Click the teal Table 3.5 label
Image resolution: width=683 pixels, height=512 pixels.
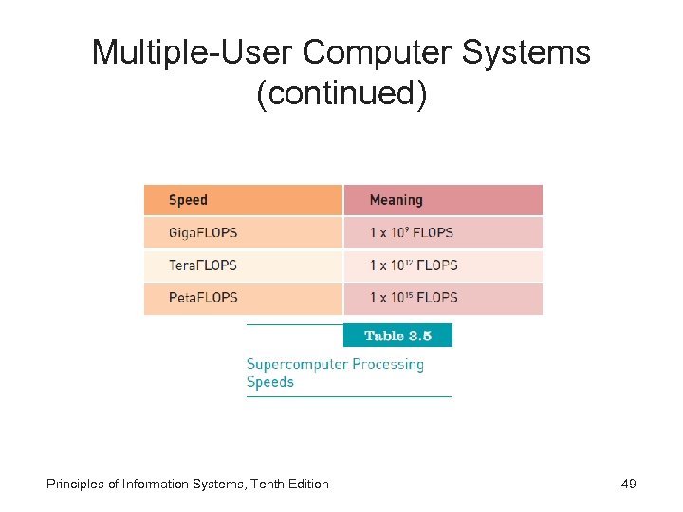pyautogui.click(x=397, y=336)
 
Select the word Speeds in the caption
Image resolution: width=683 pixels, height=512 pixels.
pyautogui.click(x=270, y=382)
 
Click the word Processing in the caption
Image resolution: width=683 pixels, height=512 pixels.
pyautogui.click(x=387, y=364)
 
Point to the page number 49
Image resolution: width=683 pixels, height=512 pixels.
pyautogui.click(x=628, y=484)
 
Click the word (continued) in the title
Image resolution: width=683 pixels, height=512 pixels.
pyautogui.click(x=341, y=95)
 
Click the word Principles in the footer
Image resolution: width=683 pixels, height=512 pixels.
pyautogui.click(x=75, y=484)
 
